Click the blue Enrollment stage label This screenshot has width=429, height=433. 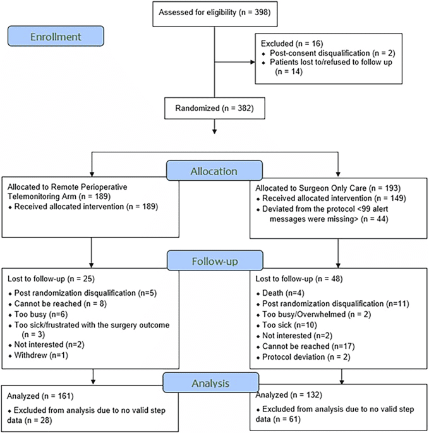tap(57, 37)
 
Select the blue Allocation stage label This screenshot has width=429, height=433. tap(215, 171)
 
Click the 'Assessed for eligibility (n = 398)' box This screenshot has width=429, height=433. tap(215, 13)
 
